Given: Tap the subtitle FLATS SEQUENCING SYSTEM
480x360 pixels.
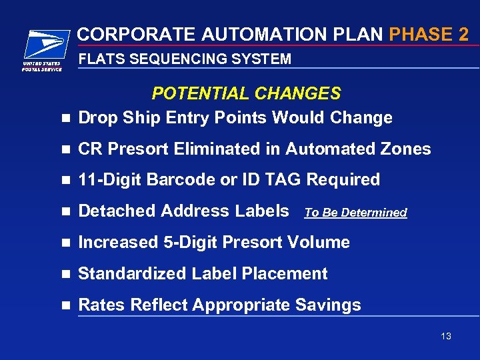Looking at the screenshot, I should tap(185, 59).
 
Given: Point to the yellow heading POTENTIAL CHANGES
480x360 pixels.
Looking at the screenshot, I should tap(246, 93).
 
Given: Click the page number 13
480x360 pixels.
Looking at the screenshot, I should tap(446, 336).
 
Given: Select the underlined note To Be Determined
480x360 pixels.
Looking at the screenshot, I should tap(355, 213).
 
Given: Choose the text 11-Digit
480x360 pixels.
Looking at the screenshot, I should tap(110, 180).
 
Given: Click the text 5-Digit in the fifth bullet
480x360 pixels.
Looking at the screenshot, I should tap(189, 242).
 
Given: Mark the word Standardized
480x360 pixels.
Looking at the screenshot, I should tap(133, 273).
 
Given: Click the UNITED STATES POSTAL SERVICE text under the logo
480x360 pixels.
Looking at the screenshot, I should tap(42, 66).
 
